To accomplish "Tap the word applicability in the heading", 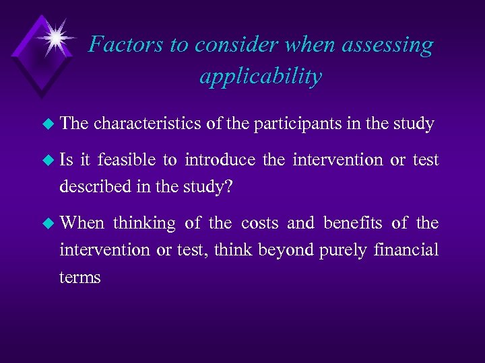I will [261, 77].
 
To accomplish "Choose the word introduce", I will [220, 160].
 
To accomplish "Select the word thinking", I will [144, 223].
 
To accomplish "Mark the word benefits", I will [356, 223].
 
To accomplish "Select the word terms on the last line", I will [79, 277].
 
